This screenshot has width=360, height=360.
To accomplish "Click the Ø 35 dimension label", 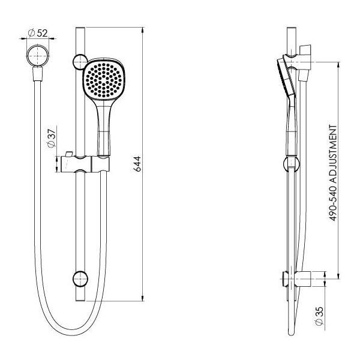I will pos(319,313).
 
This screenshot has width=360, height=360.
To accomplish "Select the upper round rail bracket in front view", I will pos(79,61).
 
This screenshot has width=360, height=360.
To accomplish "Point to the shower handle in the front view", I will pos(102,126).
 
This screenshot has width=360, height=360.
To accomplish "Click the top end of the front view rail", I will pos(79,29).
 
